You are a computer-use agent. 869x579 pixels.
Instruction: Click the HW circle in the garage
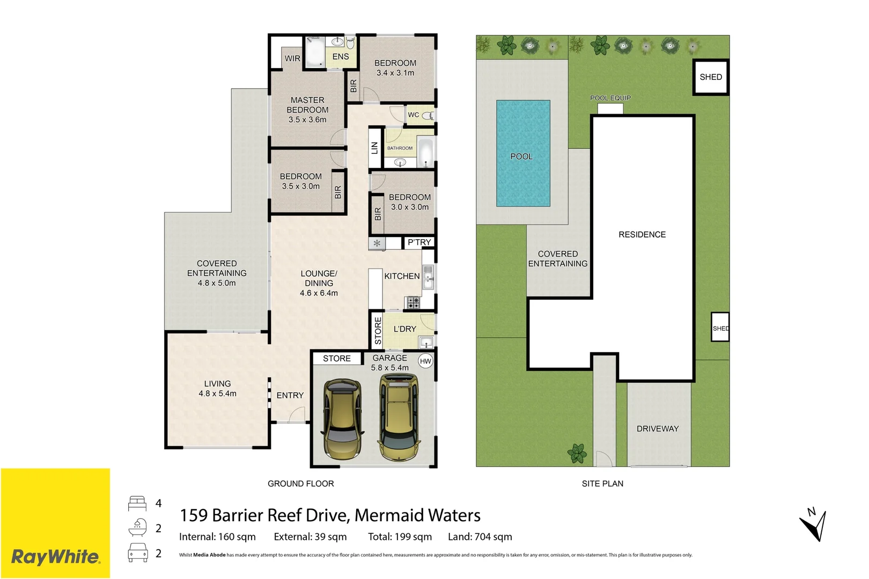(425, 361)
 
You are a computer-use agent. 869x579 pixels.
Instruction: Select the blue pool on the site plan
(523, 153)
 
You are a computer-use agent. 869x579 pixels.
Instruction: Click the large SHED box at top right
(711, 77)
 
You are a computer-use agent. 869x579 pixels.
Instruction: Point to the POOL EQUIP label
(610, 98)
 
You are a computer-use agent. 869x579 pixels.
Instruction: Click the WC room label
(414, 115)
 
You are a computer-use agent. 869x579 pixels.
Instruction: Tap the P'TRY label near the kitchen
(419, 242)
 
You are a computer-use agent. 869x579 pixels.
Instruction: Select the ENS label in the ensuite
(341, 57)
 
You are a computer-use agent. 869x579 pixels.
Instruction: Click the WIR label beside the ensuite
(292, 58)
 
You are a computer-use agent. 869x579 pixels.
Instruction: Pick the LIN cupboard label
(374, 148)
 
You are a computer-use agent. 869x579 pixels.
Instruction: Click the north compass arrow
(815, 525)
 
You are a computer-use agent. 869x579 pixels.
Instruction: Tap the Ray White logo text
(55, 557)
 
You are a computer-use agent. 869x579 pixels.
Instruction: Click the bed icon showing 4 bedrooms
(137, 503)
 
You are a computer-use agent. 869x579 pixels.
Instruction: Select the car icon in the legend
(138, 553)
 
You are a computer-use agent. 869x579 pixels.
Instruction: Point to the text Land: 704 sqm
(480, 537)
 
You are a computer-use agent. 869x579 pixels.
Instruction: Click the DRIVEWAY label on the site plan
(658, 429)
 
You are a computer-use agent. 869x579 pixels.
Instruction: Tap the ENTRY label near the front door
(290, 396)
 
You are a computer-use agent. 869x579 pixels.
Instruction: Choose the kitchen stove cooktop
(413, 303)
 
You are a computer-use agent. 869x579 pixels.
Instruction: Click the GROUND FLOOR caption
(300, 484)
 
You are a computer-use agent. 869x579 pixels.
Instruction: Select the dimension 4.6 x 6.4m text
(319, 293)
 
